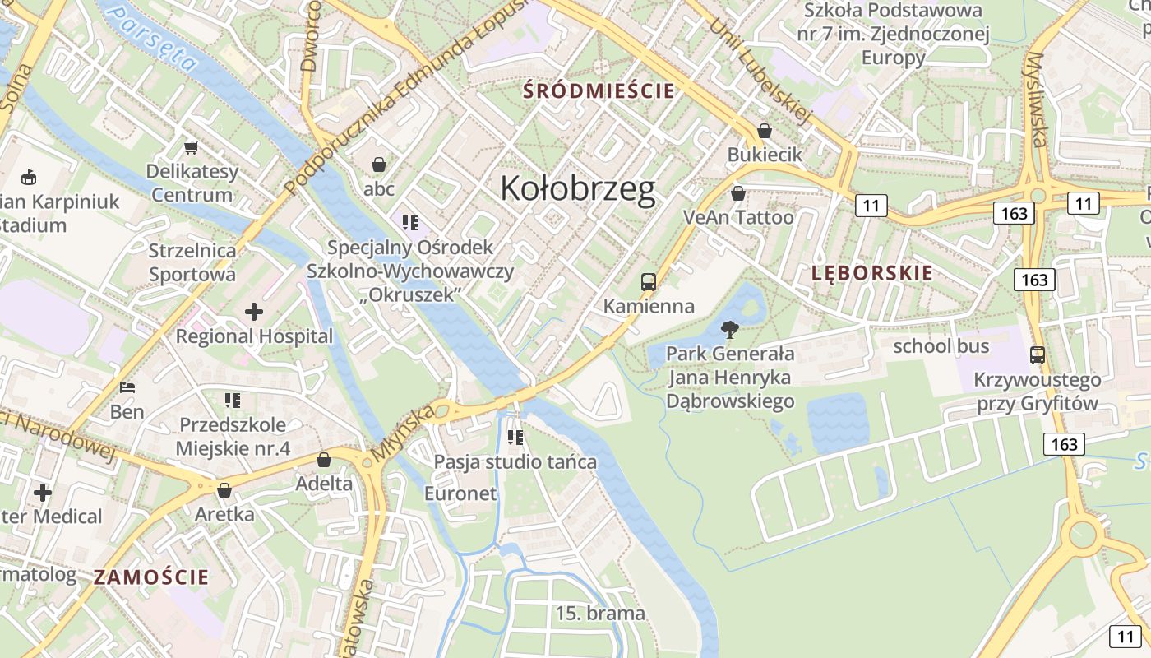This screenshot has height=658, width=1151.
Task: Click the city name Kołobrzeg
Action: point(578,188)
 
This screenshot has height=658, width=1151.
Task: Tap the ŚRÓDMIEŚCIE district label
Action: point(600,90)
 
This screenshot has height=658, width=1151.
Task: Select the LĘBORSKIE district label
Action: point(872,273)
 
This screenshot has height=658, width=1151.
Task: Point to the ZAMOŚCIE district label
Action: point(151,577)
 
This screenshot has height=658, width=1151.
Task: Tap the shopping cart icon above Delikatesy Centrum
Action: point(192,148)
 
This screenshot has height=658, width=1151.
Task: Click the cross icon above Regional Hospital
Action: point(254,312)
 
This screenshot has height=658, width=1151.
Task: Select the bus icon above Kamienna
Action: point(649,282)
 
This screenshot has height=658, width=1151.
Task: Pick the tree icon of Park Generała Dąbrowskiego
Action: point(728,331)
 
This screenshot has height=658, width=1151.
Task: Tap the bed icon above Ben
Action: point(127,387)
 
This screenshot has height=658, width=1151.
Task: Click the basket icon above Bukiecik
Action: point(765,131)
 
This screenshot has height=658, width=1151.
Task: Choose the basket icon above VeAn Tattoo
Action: point(738,193)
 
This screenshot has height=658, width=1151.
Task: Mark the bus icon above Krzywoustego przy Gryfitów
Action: point(1038,355)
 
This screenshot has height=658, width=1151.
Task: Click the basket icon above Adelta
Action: point(324,459)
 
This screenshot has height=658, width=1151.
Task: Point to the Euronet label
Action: point(460,493)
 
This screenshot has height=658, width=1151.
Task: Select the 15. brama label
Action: point(600,613)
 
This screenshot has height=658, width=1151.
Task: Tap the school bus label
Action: point(941,346)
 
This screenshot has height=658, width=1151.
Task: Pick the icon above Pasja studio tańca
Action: point(515,437)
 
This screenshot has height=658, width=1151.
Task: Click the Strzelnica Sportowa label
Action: point(192,262)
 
